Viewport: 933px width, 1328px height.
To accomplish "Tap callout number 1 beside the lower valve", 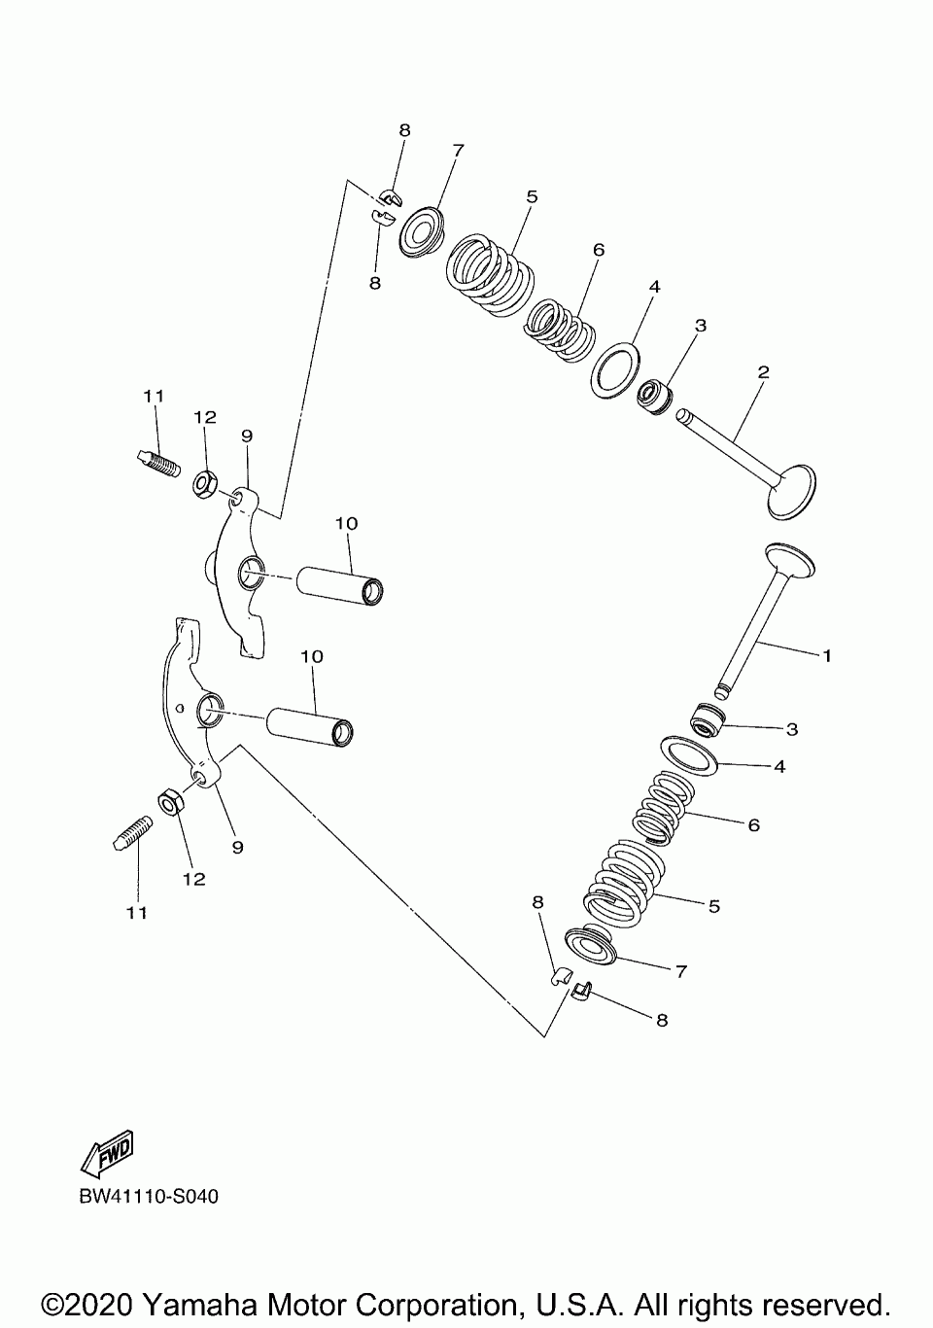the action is (827, 655).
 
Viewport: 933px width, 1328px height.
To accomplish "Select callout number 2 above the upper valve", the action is (764, 372).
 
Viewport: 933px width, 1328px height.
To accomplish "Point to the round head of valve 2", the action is (791, 492).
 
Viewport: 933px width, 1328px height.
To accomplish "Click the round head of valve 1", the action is (790, 560).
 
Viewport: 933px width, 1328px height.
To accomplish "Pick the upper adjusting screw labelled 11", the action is (157, 463).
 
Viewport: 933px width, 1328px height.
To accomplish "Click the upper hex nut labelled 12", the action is (205, 484).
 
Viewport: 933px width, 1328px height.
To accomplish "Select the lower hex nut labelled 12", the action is (172, 804).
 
